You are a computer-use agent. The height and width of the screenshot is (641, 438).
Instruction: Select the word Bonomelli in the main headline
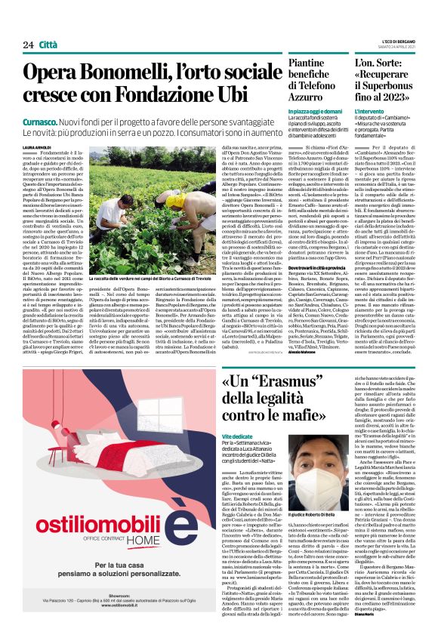[x=134, y=74]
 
